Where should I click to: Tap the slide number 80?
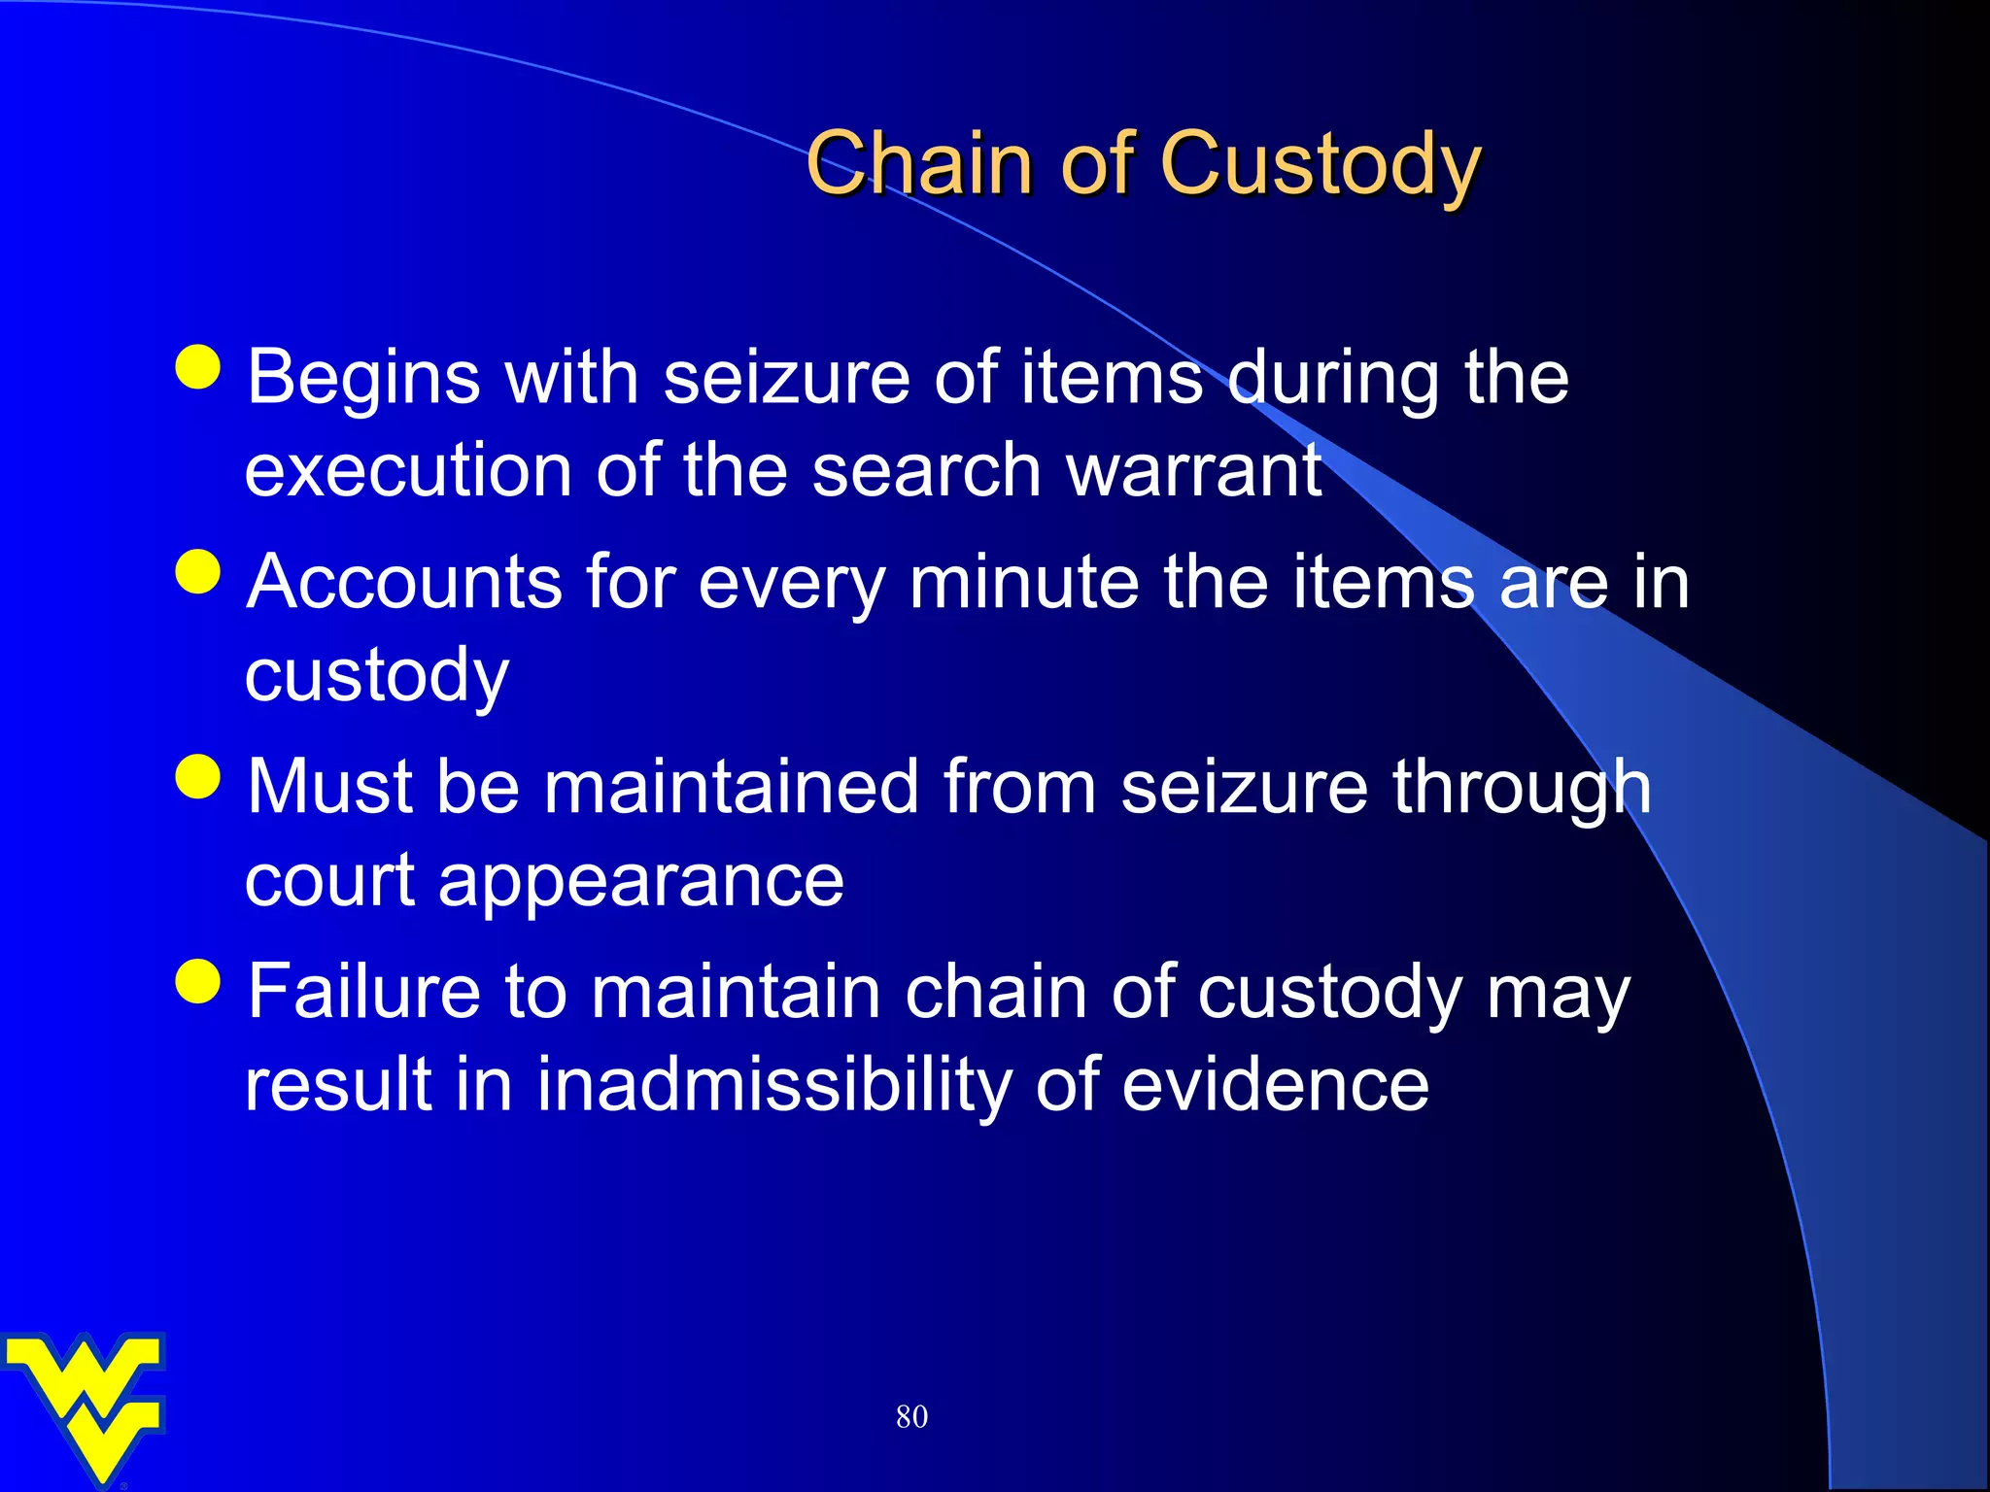pos(911,1416)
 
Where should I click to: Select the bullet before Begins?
pos(199,367)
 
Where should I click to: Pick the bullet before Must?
pos(199,776)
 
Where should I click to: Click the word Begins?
pos(363,379)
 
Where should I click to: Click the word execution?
pos(408,471)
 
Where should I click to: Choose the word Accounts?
pos(404,583)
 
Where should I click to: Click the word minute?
pos(1024,583)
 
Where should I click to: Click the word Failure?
pos(363,992)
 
